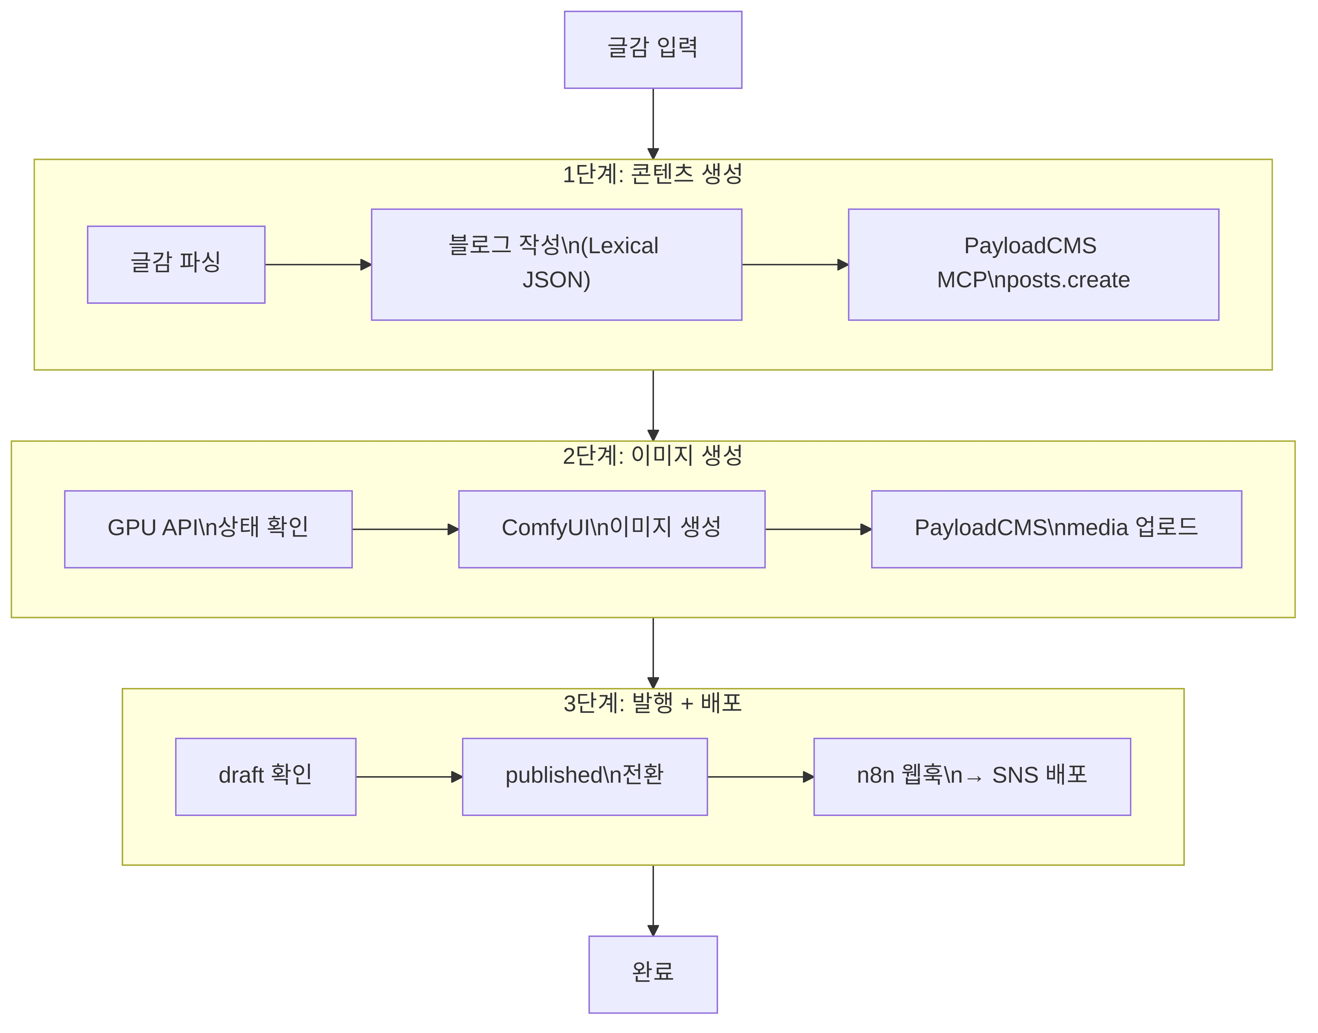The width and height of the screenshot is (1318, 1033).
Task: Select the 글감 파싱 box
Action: coord(176,264)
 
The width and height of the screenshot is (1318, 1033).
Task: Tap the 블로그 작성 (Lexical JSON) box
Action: coord(556,264)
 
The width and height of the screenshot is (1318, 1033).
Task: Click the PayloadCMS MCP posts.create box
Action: coord(1033,264)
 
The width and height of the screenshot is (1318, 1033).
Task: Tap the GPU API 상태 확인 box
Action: coord(208,529)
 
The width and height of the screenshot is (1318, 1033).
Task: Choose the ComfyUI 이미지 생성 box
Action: coord(611,529)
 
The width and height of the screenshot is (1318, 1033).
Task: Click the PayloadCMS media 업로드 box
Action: coord(1056,529)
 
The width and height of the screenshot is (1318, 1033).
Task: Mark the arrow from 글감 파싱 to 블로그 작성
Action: coord(318,264)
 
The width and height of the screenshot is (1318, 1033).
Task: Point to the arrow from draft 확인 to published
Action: coord(409,777)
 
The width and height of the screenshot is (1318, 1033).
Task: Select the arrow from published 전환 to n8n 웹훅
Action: coord(760,777)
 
